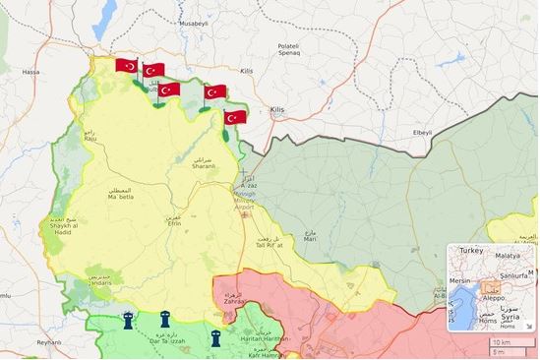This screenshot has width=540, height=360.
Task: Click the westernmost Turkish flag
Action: coord(126,65)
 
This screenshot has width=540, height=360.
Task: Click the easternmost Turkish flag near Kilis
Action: coord(235,117)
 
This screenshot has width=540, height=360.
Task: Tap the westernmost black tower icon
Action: coord(128,320)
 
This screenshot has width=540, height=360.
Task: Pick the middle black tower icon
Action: coord(165,319)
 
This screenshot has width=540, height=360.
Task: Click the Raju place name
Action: coord(90,139)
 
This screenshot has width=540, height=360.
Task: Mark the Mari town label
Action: coord(310,237)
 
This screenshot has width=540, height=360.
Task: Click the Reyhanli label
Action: coord(49,341)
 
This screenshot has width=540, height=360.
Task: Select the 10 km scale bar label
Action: coord(501,341)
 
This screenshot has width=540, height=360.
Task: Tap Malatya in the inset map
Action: coord(509,254)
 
